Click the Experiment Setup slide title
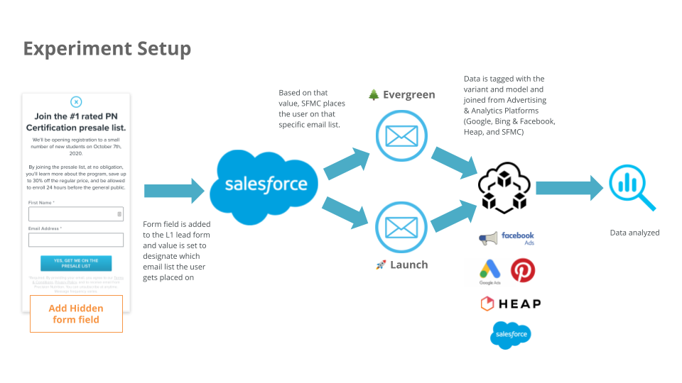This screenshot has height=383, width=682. tap(107, 48)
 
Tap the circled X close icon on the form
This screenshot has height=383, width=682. tap(77, 101)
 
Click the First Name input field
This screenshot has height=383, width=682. tap(76, 214)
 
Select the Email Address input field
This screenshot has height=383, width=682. tap(76, 240)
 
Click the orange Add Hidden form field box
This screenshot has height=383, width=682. tap(76, 313)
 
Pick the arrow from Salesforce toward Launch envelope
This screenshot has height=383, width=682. tap(347, 212)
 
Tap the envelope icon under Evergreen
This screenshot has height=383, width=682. tap(401, 136)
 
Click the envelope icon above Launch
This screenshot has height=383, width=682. tap(401, 227)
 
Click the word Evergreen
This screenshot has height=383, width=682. tap(409, 94)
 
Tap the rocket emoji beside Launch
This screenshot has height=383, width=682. tap(381, 265)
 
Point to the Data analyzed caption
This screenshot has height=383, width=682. tap(634, 233)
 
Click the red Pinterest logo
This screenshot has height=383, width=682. tap(523, 270)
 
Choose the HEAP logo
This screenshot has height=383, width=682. tap(510, 304)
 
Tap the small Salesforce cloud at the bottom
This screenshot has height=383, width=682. tap(510, 334)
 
